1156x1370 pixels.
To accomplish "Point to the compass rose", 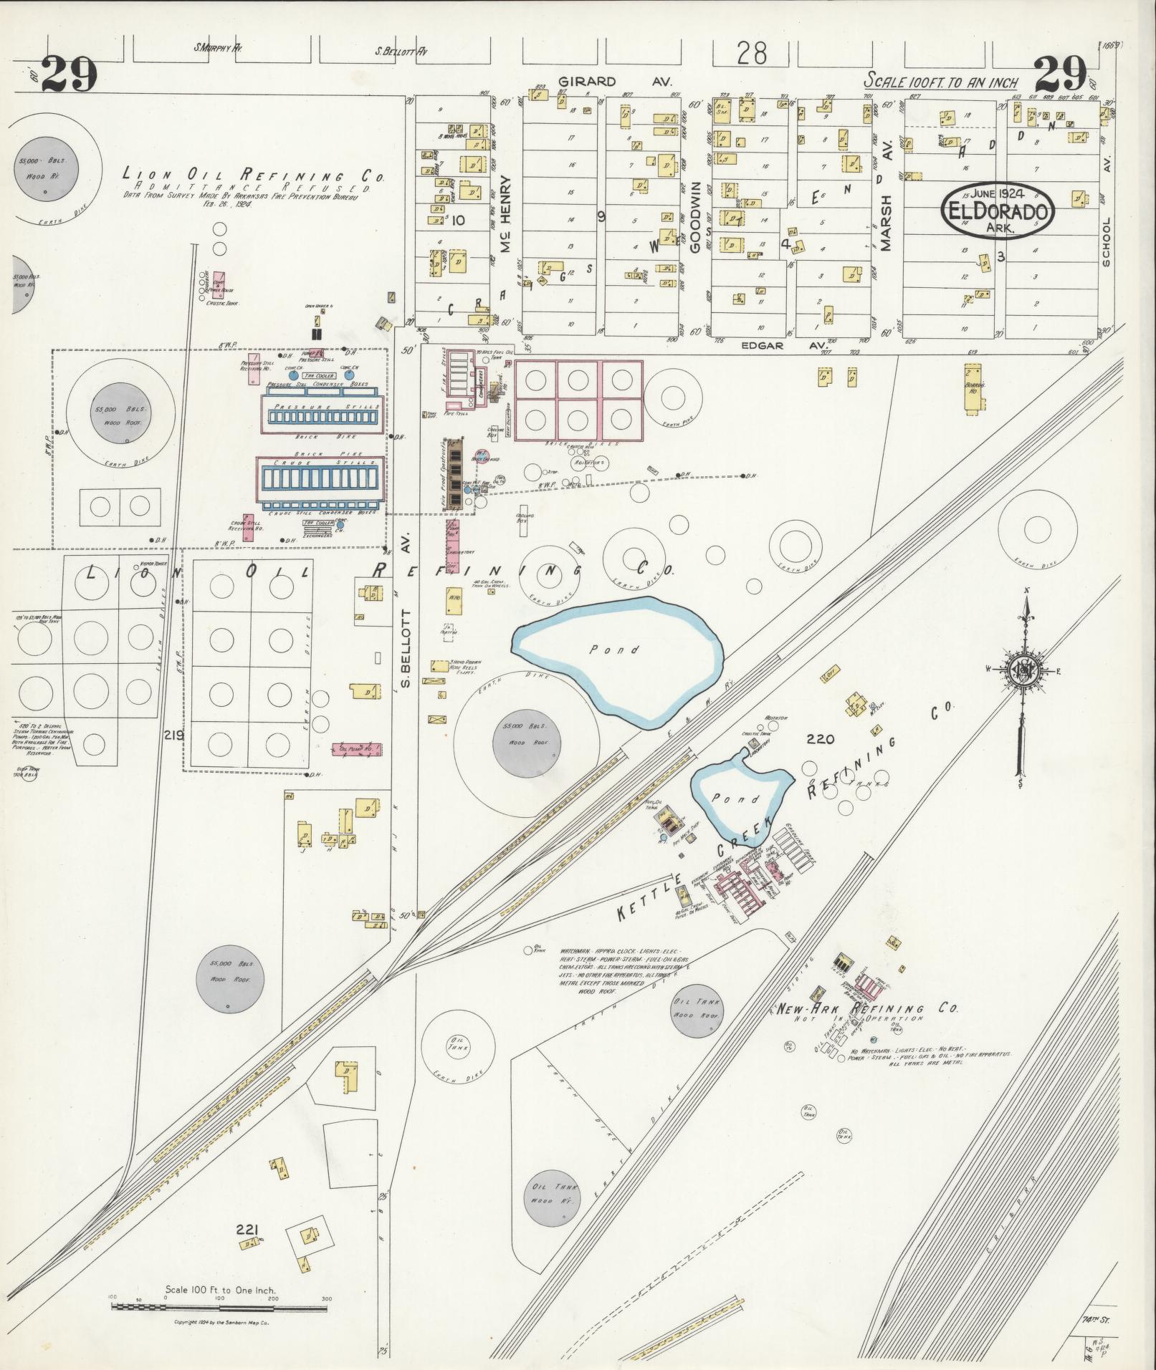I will point(1023,670).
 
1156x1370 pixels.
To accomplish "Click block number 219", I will point(173,735).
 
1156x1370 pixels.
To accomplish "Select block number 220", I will point(820,739).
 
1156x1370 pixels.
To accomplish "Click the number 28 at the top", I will point(751,54).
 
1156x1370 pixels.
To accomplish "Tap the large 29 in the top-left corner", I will point(69,74).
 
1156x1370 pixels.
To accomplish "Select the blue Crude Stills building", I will point(320,475).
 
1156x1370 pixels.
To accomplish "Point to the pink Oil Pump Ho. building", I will point(355,749).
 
